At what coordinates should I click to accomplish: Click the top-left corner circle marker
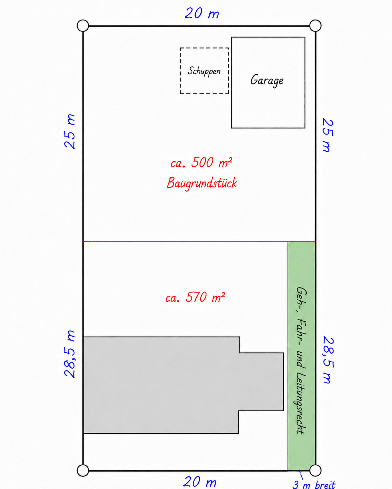click(83, 26)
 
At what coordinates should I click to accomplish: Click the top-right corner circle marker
click(315, 25)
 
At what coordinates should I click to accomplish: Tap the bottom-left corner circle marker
click(83, 471)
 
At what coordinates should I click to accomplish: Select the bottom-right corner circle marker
click(315, 471)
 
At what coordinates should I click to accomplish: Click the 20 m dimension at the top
click(202, 13)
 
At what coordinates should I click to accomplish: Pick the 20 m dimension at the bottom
click(199, 481)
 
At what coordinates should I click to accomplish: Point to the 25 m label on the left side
click(70, 131)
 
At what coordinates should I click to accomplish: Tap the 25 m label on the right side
click(328, 135)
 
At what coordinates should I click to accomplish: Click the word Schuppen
click(204, 71)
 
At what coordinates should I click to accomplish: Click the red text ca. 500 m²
click(201, 163)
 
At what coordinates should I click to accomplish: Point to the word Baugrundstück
click(202, 183)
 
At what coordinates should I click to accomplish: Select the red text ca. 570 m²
click(195, 297)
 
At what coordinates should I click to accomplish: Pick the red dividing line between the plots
click(199, 241)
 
